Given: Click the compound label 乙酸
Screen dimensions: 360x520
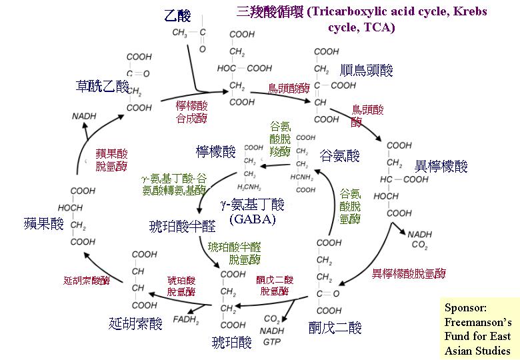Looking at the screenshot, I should [177, 16].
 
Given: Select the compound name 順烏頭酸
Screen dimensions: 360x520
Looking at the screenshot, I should [367, 70].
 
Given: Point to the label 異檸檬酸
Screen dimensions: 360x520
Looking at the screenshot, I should [441, 166].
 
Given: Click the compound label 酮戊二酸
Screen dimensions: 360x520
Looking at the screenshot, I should [335, 327].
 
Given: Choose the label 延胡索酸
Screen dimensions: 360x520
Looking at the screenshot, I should [135, 324].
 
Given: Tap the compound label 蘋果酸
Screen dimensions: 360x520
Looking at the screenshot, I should [43, 223].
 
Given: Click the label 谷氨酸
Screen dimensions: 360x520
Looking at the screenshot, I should [340, 156].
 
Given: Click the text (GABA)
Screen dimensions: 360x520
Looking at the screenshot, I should [252, 219].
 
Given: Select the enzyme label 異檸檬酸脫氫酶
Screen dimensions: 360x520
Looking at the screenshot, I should [409, 273].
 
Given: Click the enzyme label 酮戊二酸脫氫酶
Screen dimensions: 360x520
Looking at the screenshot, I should [274, 285].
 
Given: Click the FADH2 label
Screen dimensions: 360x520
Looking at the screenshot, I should [186, 319].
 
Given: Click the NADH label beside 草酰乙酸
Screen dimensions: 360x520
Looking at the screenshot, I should [84, 117].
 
